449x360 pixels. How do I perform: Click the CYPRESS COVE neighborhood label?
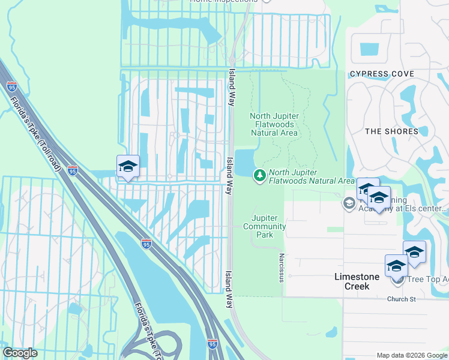click(x=382, y=74)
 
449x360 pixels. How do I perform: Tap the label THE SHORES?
click(x=391, y=131)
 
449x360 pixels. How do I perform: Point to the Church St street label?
click(x=401, y=299)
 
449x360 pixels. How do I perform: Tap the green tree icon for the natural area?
click(x=260, y=176)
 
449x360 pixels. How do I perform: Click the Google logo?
click(x=20, y=353)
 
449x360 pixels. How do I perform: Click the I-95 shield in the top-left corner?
click(x=12, y=86)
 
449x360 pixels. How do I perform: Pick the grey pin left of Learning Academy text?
click(x=349, y=203)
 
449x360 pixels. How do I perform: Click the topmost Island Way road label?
click(x=231, y=87)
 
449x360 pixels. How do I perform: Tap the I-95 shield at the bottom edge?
click(x=212, y=344)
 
